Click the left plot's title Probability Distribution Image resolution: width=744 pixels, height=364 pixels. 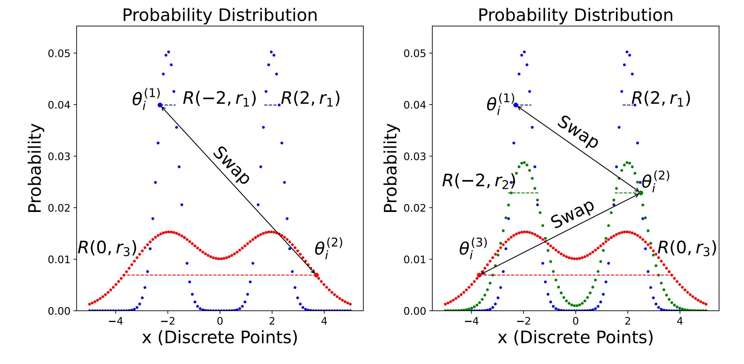(x=220, y=15)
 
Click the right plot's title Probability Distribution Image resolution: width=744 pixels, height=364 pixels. (x=576, y=15)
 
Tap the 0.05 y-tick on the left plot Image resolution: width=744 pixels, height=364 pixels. (x=59, y=54)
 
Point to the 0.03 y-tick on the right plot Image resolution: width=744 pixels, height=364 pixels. (x=415, y=157)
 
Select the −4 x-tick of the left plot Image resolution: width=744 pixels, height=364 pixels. (x=115, y=321)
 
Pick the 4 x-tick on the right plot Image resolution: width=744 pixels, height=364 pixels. (x=679, y=321)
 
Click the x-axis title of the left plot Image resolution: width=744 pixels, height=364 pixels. (x=220, y=337)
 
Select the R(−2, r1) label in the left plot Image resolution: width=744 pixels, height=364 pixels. (x=219, y=99)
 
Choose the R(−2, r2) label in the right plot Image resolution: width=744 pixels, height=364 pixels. (x=479, y=181)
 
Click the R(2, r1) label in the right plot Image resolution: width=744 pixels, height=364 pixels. (x=661, y=99)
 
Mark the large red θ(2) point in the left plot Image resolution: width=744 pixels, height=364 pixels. (x=316, y=275)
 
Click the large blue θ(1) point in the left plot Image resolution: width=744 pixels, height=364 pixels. (x=160, y=105)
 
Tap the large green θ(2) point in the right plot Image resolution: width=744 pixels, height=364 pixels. (x=641, y=193)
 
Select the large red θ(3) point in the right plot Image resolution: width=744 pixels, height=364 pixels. (x=479, y=275)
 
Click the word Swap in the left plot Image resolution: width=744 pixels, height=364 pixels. (x=232, y=165)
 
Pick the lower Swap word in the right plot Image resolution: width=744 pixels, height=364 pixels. (x=572, y=214)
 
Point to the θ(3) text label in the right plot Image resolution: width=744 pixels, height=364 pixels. (x=473, y=248)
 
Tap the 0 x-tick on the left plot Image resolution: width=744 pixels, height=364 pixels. (x=220, y=321)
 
